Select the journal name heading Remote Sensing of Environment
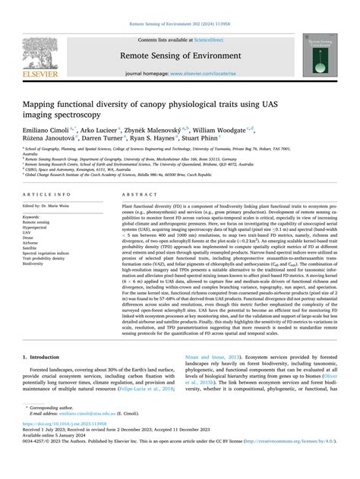click(x=180, y=56)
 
